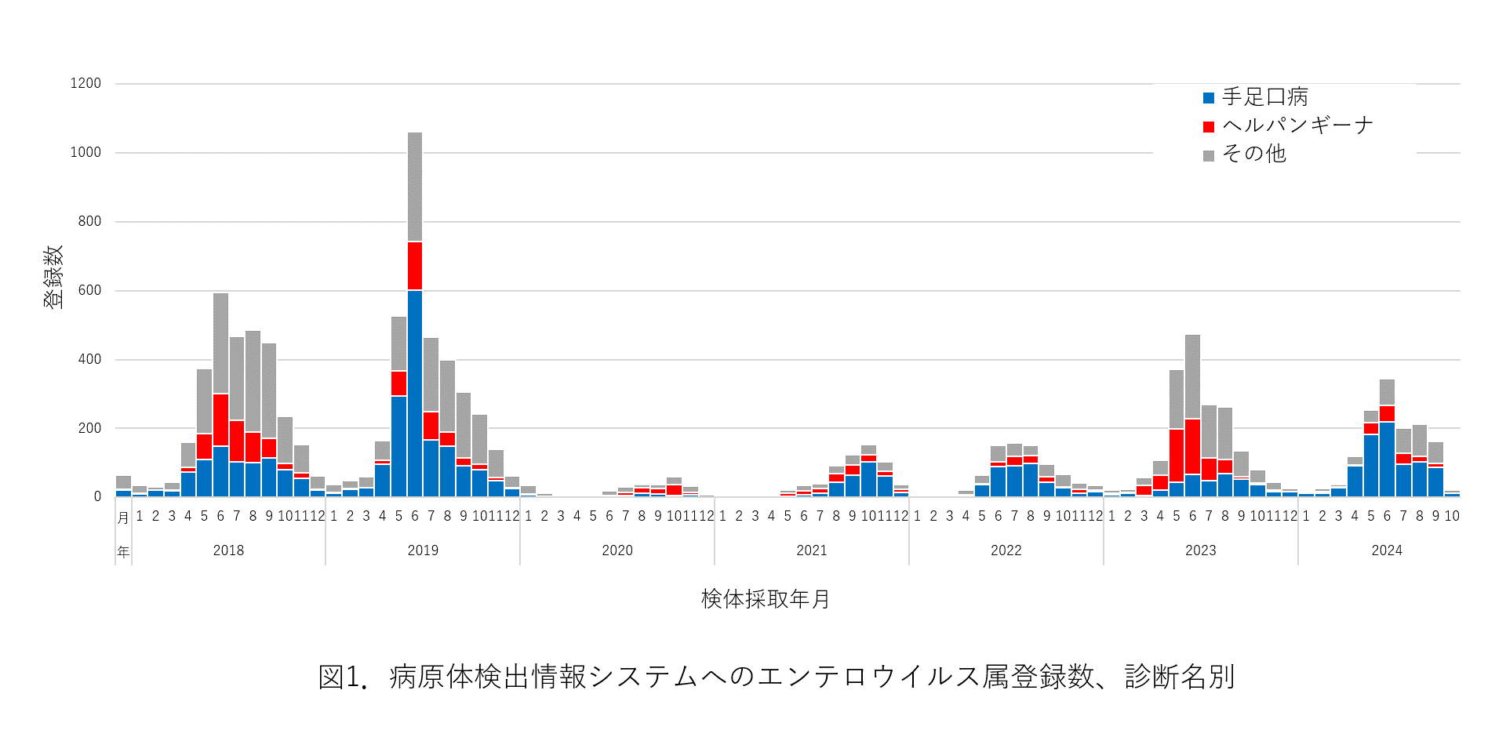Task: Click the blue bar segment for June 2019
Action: click(x=415, y=392)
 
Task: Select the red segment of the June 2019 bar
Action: click(x=415, y=266)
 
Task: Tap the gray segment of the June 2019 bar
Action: click(x=415, y=187)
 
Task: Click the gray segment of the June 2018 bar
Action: click(x=220, y=343)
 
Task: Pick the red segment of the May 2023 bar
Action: click(x=1177, y=456)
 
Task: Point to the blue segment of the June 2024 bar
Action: click(x=1387, y=459)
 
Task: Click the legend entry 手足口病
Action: click(x=1264, y=97)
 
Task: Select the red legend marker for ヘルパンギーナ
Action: click(x=1209, y=127)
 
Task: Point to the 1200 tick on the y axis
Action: click(x=85, y=83)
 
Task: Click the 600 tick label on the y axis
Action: click(x=89, y=290)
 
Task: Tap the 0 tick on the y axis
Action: click(x=97, y=496)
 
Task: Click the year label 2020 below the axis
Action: click(x=617, y=550)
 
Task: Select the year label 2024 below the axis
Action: click(x=1386, y=550)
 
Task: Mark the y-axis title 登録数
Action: click(x=53, y=277)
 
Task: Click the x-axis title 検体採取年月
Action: click(x=765, y=599)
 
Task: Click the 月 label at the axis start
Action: click(x=123, y=518)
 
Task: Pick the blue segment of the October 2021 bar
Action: click(x=868, y=479)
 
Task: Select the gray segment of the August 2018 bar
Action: click(x=253, y=381)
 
